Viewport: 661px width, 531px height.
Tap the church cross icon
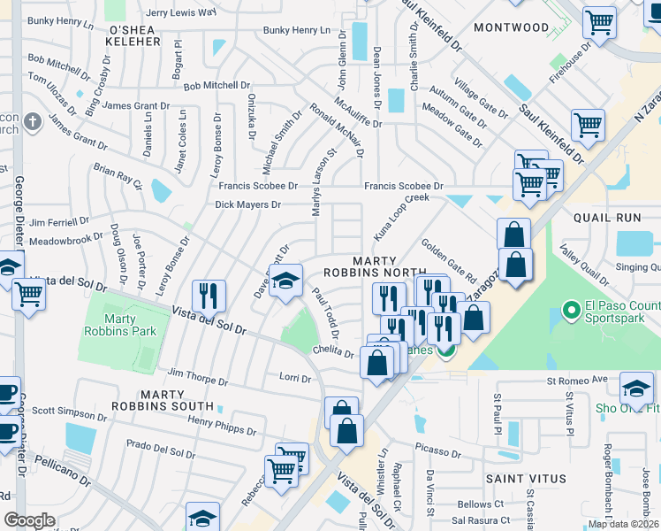click(x=32, y=120)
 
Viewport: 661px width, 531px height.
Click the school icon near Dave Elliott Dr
click(x=285, y=281)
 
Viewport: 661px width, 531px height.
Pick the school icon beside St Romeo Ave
click(x=636, y=387)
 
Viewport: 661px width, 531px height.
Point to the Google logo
click(x=29, y=520)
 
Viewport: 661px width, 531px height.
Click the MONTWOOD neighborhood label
click(x=511, y=27)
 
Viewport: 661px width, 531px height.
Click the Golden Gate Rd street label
click(x=449, y=259)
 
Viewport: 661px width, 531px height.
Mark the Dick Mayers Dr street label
click(x=247, y=204)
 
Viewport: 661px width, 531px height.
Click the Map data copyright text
click(x=623, y=524)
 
